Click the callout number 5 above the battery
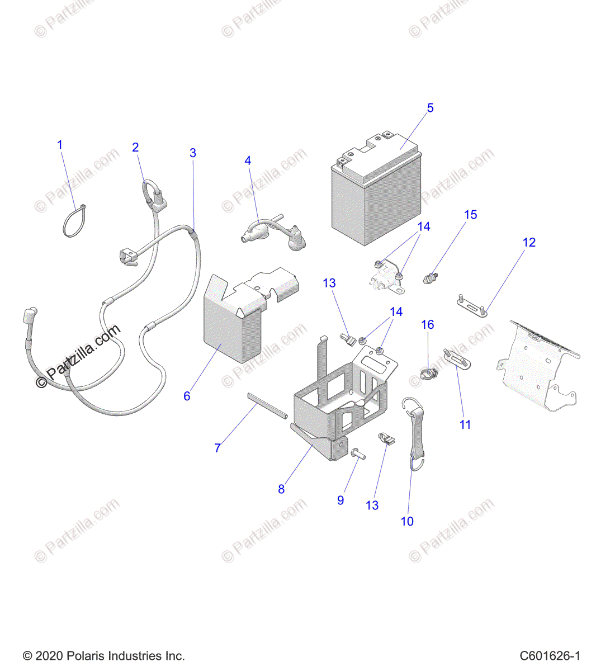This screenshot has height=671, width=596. pyautogui.click(x=430, y=108)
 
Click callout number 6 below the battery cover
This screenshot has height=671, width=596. pyautogui.click(x=187, y=396)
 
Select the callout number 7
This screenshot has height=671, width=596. pyautogui.click(x=217, y=448)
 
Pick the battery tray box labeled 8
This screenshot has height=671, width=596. pyautogui.click(x=341, y=403)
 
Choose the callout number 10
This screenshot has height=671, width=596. pyautogui.click(x=407, y=521)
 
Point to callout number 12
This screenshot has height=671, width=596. pyautogui.click(x=529, y=242)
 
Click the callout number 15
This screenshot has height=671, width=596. pyautogui.click(x=471, y=215)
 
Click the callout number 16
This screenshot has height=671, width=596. pyautogui.click(x=427, y=324)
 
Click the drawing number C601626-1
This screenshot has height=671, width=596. pyautogui.click(x=550, y=656)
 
